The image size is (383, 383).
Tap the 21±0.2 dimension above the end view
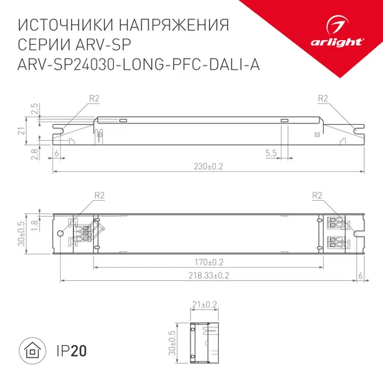click(x=204, y=304)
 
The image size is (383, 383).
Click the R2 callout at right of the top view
click(x=318, y=196)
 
